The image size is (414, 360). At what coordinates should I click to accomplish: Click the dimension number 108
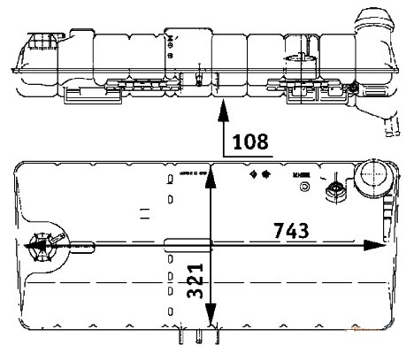pyautogui.click(x=248, y=142)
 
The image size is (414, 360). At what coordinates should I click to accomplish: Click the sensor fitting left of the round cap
pyautogui.click(x=337, y=191)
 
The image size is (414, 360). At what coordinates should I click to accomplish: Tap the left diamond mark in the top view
pyautogui.click(x=254, y=175)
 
